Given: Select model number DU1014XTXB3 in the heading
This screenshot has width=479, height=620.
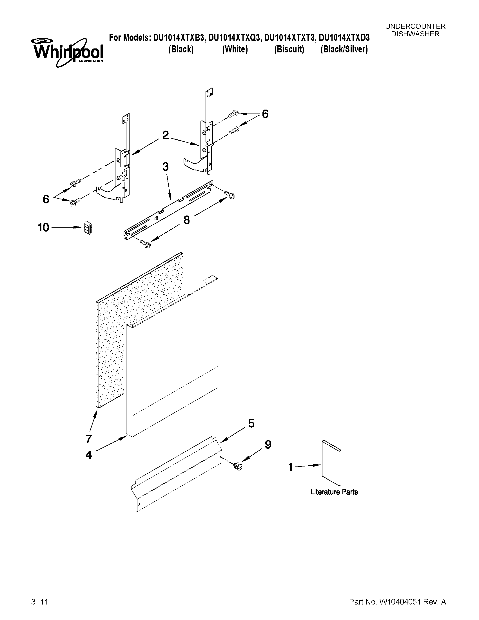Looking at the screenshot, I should pyautogui.click(x=179, y=38).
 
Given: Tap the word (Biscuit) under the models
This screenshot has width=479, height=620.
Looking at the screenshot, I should pyautogui.click(x=289, y=49).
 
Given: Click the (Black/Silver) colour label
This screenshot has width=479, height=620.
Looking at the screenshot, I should pyautogui.click(x=344, y=49).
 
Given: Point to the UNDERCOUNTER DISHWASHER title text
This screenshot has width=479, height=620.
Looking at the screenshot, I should pyautogui.click(x=415, y=30).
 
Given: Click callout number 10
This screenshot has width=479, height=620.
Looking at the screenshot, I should pyautogui.click(x=44, y=227).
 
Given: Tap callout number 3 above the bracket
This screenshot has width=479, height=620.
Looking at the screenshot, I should pyautogui.click(x=165, y=167).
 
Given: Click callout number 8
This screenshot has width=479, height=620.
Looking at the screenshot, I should pyautogui.click(x=186, y=219).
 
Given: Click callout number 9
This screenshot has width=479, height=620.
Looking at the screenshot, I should pyautogui.click(x=268, y=445).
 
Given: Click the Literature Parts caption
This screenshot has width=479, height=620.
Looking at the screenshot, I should pyautogui.click(x=334, y=492).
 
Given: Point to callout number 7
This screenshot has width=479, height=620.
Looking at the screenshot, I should pyautogui.click(x=89, y=439).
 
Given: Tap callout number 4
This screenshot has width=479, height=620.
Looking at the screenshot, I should pyautogui.click(x=89, y=455).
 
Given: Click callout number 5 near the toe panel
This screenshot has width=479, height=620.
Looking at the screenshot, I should pyautogui.click(x=251, y=423).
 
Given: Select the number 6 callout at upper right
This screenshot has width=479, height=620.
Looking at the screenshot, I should pyautogui.click(x=265, y=114).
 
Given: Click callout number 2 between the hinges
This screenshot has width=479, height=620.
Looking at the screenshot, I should pyautogui.click(x=166, y=135).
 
